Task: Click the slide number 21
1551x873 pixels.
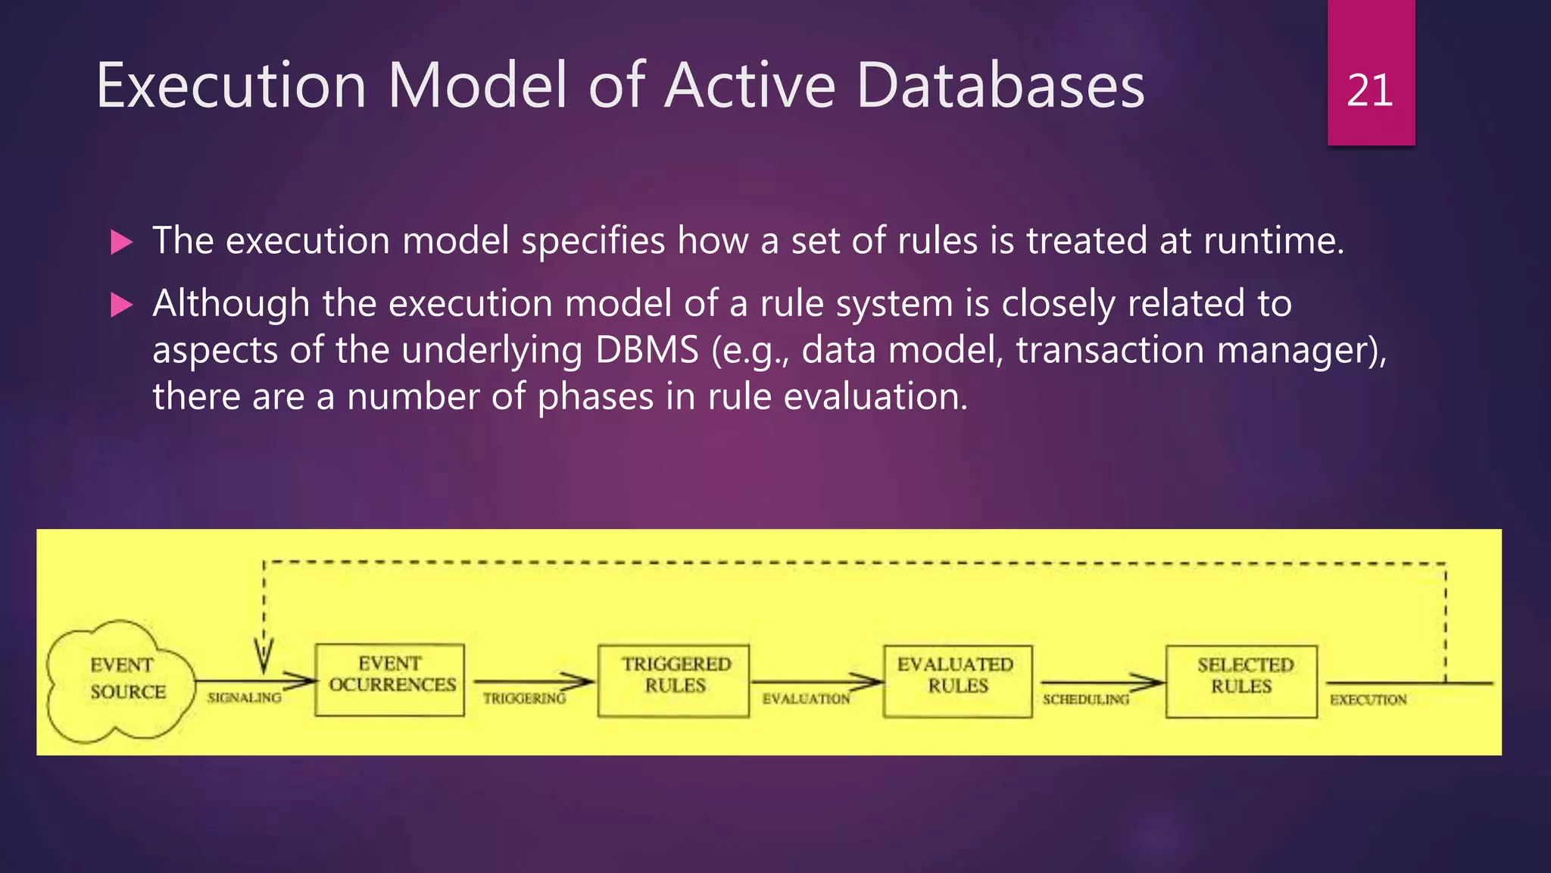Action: tap(1369, 91)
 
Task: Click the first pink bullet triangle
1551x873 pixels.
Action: tap(121, 242)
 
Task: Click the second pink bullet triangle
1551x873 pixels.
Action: tap(121, 305)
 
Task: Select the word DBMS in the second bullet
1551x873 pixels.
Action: tap(647, 350)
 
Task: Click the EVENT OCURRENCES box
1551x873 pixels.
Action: tap(390, 679)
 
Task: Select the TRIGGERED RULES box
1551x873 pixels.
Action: tap(674, 680)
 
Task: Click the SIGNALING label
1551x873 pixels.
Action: tap(244, 697)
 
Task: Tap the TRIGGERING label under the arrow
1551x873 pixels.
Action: tap(524, 698)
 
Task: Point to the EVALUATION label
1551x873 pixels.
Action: tap(806, 699)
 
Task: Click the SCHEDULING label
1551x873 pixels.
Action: tap(1085, 699)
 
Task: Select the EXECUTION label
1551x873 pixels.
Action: tap(1368, 699)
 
